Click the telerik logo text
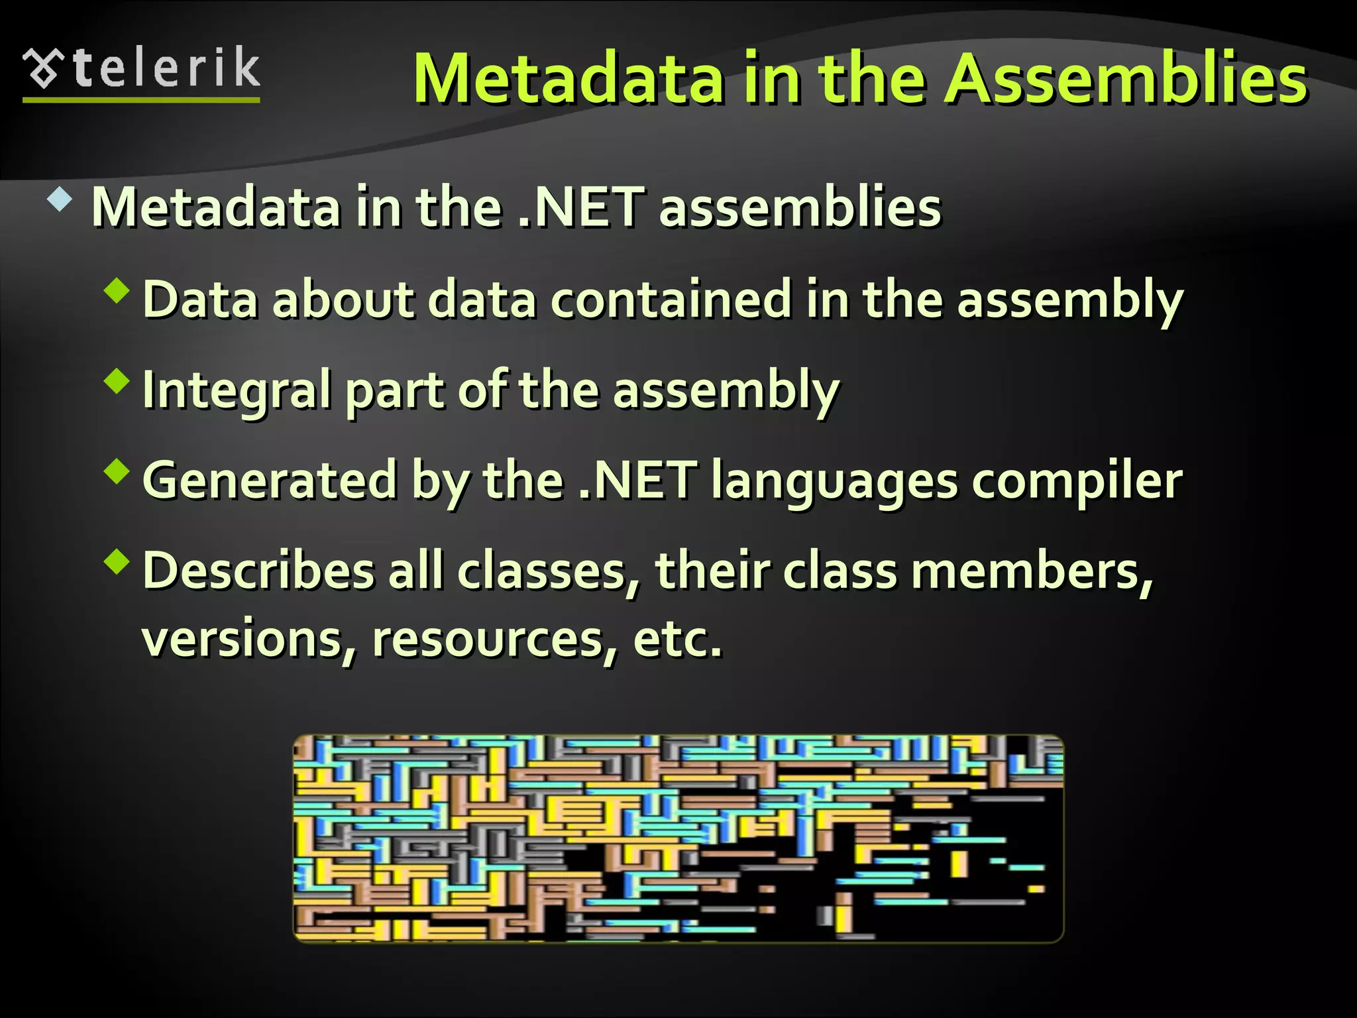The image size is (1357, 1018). pyautogui.click(x=166, y=68)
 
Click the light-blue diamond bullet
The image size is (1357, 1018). pyautogui.click(x=60, y=199)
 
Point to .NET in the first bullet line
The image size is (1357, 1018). pyautogui.click(x=580, y=207)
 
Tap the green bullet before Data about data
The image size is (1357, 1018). pyautogui.click(x=117, y=291)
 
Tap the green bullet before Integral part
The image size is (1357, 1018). pyautogui.click(x=117, y=382)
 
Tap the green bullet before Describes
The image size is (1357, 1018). pyautogui.click(x=117, y=561)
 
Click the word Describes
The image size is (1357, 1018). pyautogui.click(x=258, y=570)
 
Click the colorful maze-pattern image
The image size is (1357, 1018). pyautogui.click(x=678, y=838)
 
